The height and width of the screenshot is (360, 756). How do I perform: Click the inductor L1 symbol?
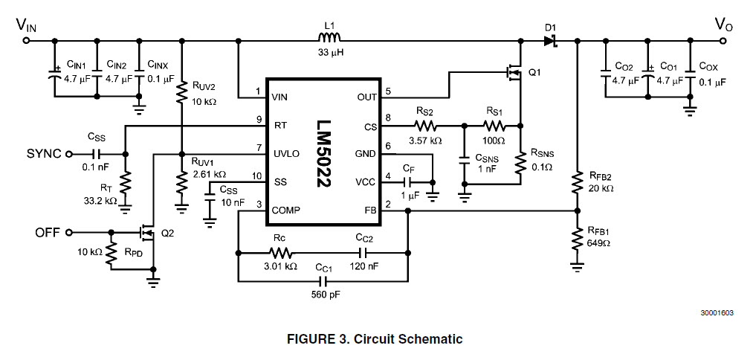click(328, 39)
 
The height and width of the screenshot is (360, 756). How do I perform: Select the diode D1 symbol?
click(550, 41)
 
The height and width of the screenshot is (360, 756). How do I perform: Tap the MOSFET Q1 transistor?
click(514, 73)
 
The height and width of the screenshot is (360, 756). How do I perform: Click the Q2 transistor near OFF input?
click(146, 233)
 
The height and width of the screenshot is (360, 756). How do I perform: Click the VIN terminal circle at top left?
click(27, 41)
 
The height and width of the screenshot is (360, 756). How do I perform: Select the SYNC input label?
click(45, 154)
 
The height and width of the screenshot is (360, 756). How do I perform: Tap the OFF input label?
click(48, 232)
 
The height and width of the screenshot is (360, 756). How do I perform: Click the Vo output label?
click(725, 24)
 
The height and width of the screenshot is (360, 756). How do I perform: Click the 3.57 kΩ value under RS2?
click(424, 140)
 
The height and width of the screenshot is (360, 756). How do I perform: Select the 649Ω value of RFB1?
click(599, 242)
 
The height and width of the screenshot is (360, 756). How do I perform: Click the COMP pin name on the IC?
click(286, 210)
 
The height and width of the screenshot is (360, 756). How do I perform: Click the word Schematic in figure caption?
click(430, 339)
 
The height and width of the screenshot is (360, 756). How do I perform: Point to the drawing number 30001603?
click(716, 312)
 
